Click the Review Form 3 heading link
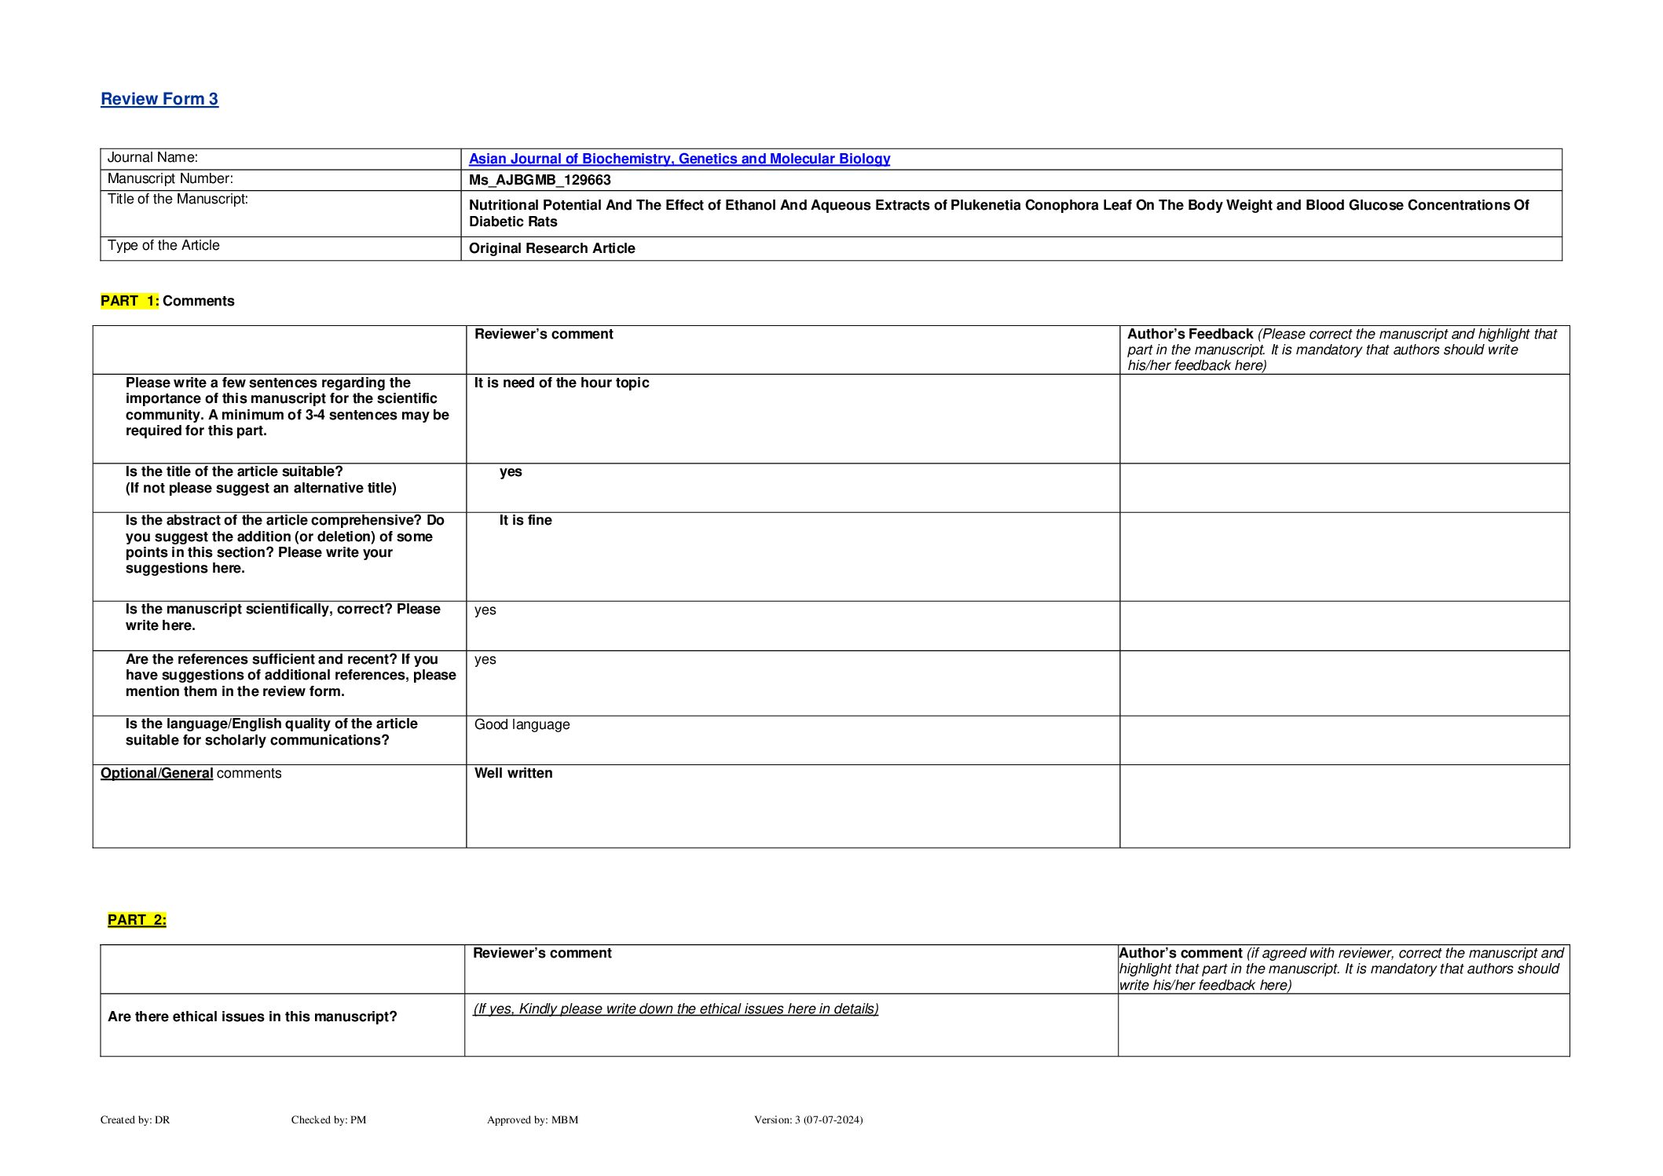point(159,99)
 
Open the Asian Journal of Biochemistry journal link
point(679,159)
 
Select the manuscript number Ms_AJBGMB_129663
point(540,180)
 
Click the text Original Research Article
point(551,248)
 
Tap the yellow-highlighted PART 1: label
point(130,301)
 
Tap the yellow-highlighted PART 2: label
point(137,920)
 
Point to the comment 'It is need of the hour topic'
point(561,383)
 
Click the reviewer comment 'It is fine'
point(525,520)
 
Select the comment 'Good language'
point(522,724)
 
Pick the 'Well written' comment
point(513,773)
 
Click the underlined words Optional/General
point(156,773)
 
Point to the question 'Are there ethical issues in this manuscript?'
point(252,1017)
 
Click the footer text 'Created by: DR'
point(135,1119)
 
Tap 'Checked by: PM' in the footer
point(328,1119)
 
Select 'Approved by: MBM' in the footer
point(532,1119)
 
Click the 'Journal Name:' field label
point(152,157)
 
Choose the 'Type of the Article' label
point(163,245)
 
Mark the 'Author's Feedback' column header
point(1189,334)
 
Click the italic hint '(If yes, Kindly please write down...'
point(675,1009)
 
